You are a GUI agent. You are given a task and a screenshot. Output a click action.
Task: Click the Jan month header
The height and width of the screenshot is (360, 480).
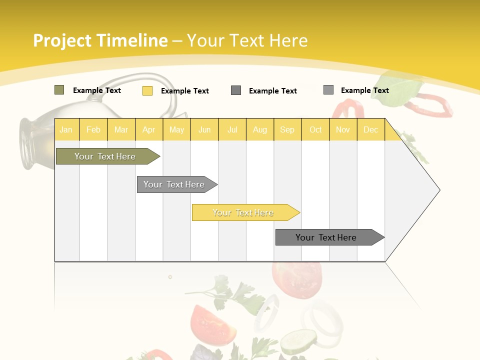(x=66, y=130)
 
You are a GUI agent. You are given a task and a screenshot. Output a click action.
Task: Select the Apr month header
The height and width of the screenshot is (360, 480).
(x=149, y=130)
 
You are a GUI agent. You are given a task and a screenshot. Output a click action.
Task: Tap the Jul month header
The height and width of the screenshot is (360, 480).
(x=232, y=130)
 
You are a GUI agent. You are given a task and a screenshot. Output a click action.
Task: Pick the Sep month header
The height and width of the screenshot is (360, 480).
(x=287, y=130)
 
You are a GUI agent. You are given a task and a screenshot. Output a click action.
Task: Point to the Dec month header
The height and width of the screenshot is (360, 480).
(x=370, y=130)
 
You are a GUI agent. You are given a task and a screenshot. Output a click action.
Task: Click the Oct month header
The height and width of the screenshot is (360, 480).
(x=315, y=130)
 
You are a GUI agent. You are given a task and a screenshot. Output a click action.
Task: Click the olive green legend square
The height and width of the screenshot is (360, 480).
(x=59, y=90)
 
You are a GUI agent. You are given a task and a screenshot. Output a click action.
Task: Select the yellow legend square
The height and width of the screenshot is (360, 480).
(x=147, y=90)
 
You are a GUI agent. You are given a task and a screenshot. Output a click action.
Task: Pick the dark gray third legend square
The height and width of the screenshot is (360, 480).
(x=236, y=90)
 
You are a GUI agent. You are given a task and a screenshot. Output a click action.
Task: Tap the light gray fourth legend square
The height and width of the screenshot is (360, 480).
(x=328, y=90)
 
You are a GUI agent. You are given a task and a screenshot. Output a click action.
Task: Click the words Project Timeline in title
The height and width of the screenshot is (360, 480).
(x=100, y=40)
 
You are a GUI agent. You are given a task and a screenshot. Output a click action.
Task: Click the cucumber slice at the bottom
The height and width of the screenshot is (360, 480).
(x=298, y=342)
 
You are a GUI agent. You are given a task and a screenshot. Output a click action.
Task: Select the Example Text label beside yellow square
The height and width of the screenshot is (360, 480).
(x=184, y=91)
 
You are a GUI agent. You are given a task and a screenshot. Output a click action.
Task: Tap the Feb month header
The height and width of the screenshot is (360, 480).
(x=93, y=130)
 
